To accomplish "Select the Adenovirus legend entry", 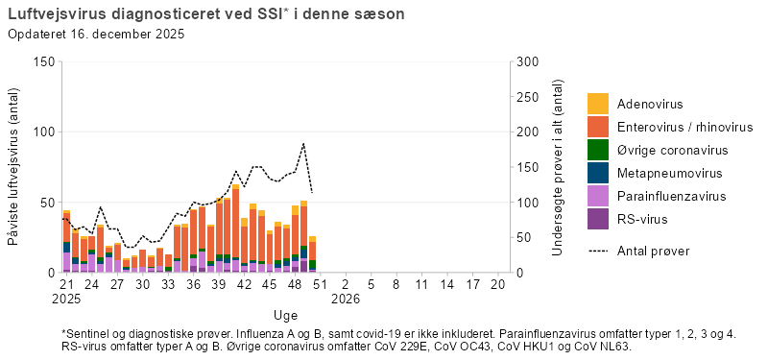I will tap(649, 104).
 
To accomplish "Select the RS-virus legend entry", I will tap(642, 220).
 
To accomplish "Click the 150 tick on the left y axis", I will tap(42, 61).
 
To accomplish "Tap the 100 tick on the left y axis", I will tap(42, 132).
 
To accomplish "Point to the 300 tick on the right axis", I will tap(527, 61).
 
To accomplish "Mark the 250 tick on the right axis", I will tap(527, 97).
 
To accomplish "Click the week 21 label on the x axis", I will tap(66, 285).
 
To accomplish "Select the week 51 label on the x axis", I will tap(321, 285).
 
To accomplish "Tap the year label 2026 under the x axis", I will tap(346, 300).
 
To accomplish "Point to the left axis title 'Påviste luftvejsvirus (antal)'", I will tap(14, 167).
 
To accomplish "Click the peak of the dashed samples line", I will tap(303, 144).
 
